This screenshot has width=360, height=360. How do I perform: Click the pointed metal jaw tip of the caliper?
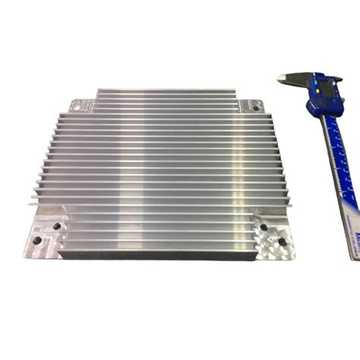pos(281,76)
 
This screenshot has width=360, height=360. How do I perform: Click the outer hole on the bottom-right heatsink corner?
pos(281,242)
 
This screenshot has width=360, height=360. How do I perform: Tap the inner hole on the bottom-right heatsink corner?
pos(264,226)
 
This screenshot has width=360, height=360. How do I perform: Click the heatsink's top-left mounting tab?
pos(82,105)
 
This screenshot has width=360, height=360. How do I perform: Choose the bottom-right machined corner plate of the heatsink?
pos(273,237)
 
